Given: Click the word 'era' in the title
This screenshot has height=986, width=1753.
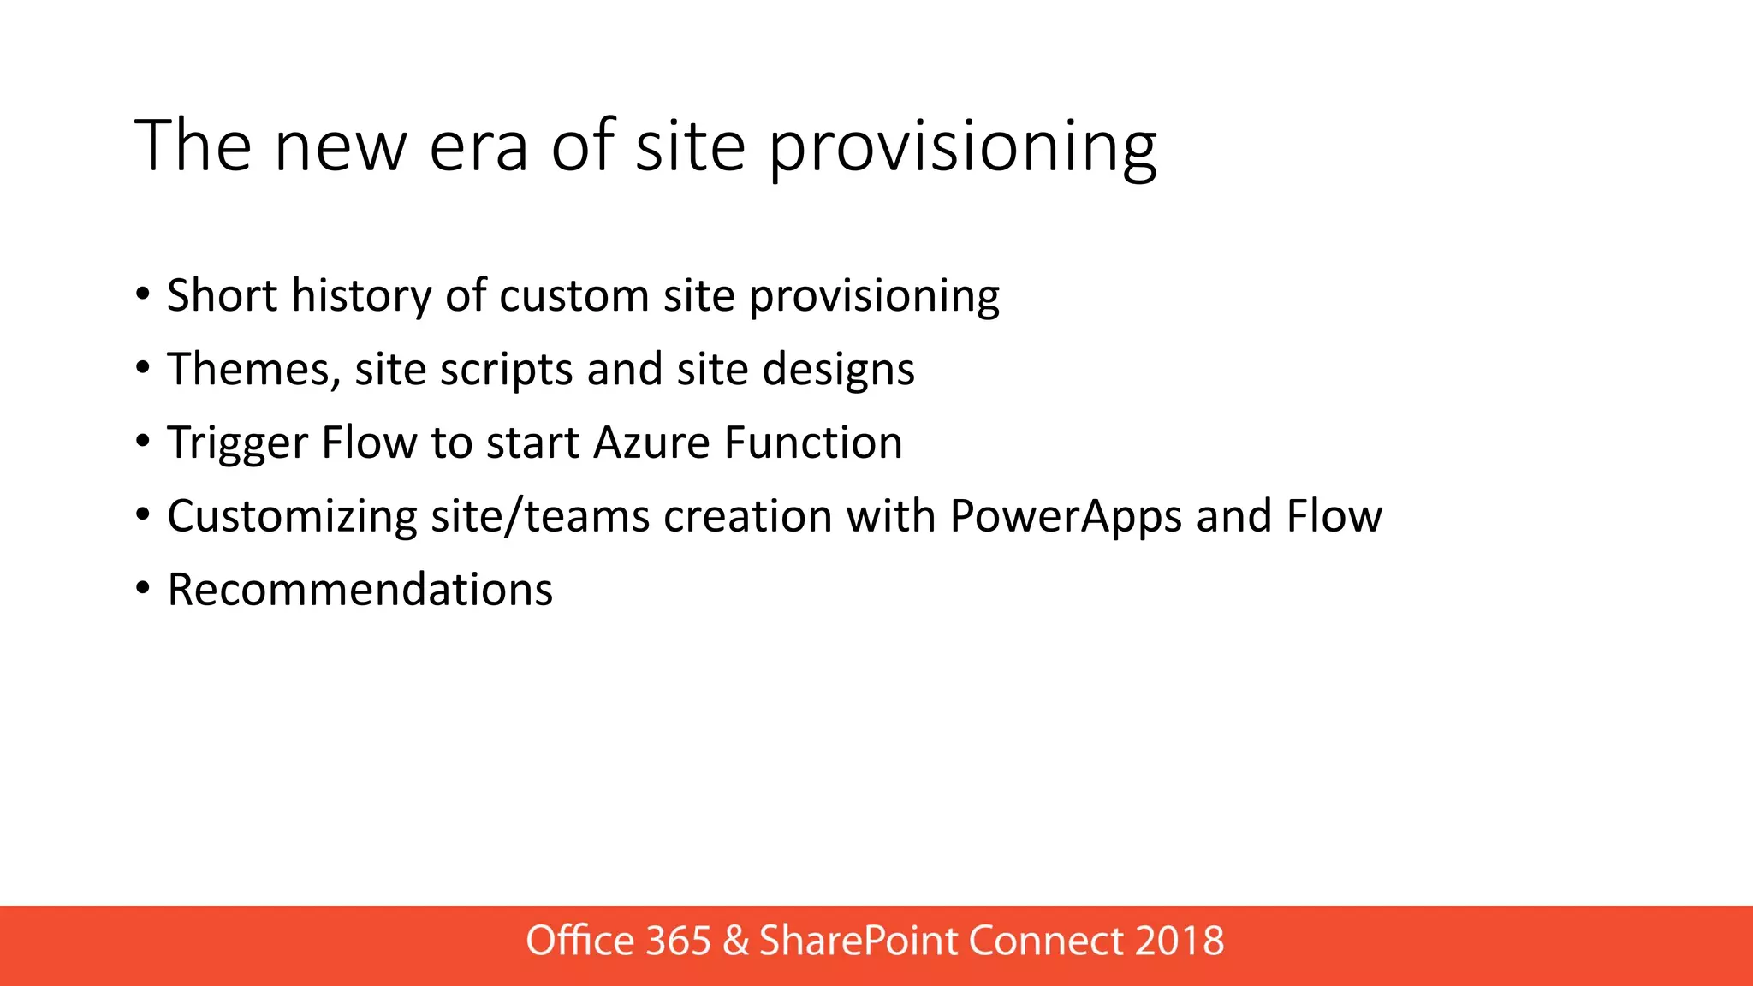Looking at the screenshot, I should pyautogui.click(x=478, y=147).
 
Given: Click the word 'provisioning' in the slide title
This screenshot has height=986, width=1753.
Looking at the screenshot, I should pyautogui.click(x=962, y=147).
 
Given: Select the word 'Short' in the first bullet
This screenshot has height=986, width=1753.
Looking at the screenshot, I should pyautogui.click(x=222, y=295).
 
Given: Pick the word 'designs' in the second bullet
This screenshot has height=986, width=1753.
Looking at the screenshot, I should pyautogui.click(x=838, y=369).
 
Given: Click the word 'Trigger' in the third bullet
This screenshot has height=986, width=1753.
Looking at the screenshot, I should pyautogui.click(x=237, y=443).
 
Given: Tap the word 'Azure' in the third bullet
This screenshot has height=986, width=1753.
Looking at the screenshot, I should pyautogui.click(x=651, y=443).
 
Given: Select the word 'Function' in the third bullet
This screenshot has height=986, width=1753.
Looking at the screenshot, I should pyautogui.click(x=813, y=443).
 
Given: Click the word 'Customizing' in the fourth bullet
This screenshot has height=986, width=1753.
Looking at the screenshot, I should pyautogui.click(x=292, y=516).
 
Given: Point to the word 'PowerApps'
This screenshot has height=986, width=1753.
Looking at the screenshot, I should pyautogui.click(x=1066, y=516).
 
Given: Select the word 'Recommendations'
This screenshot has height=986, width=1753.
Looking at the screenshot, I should pyautogui.click(x=360, y=590).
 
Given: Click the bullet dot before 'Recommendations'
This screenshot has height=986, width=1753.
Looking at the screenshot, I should pyautogui.click(x=143, y=589).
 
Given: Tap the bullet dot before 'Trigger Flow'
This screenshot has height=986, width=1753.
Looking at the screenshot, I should pyautogui.click(x=143, y=442).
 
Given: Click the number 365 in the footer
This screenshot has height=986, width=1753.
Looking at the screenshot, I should pyautogui.click(x=678, y=941).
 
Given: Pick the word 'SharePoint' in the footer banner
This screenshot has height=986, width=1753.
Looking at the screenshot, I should pyautogui.click(x=859, y=941).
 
